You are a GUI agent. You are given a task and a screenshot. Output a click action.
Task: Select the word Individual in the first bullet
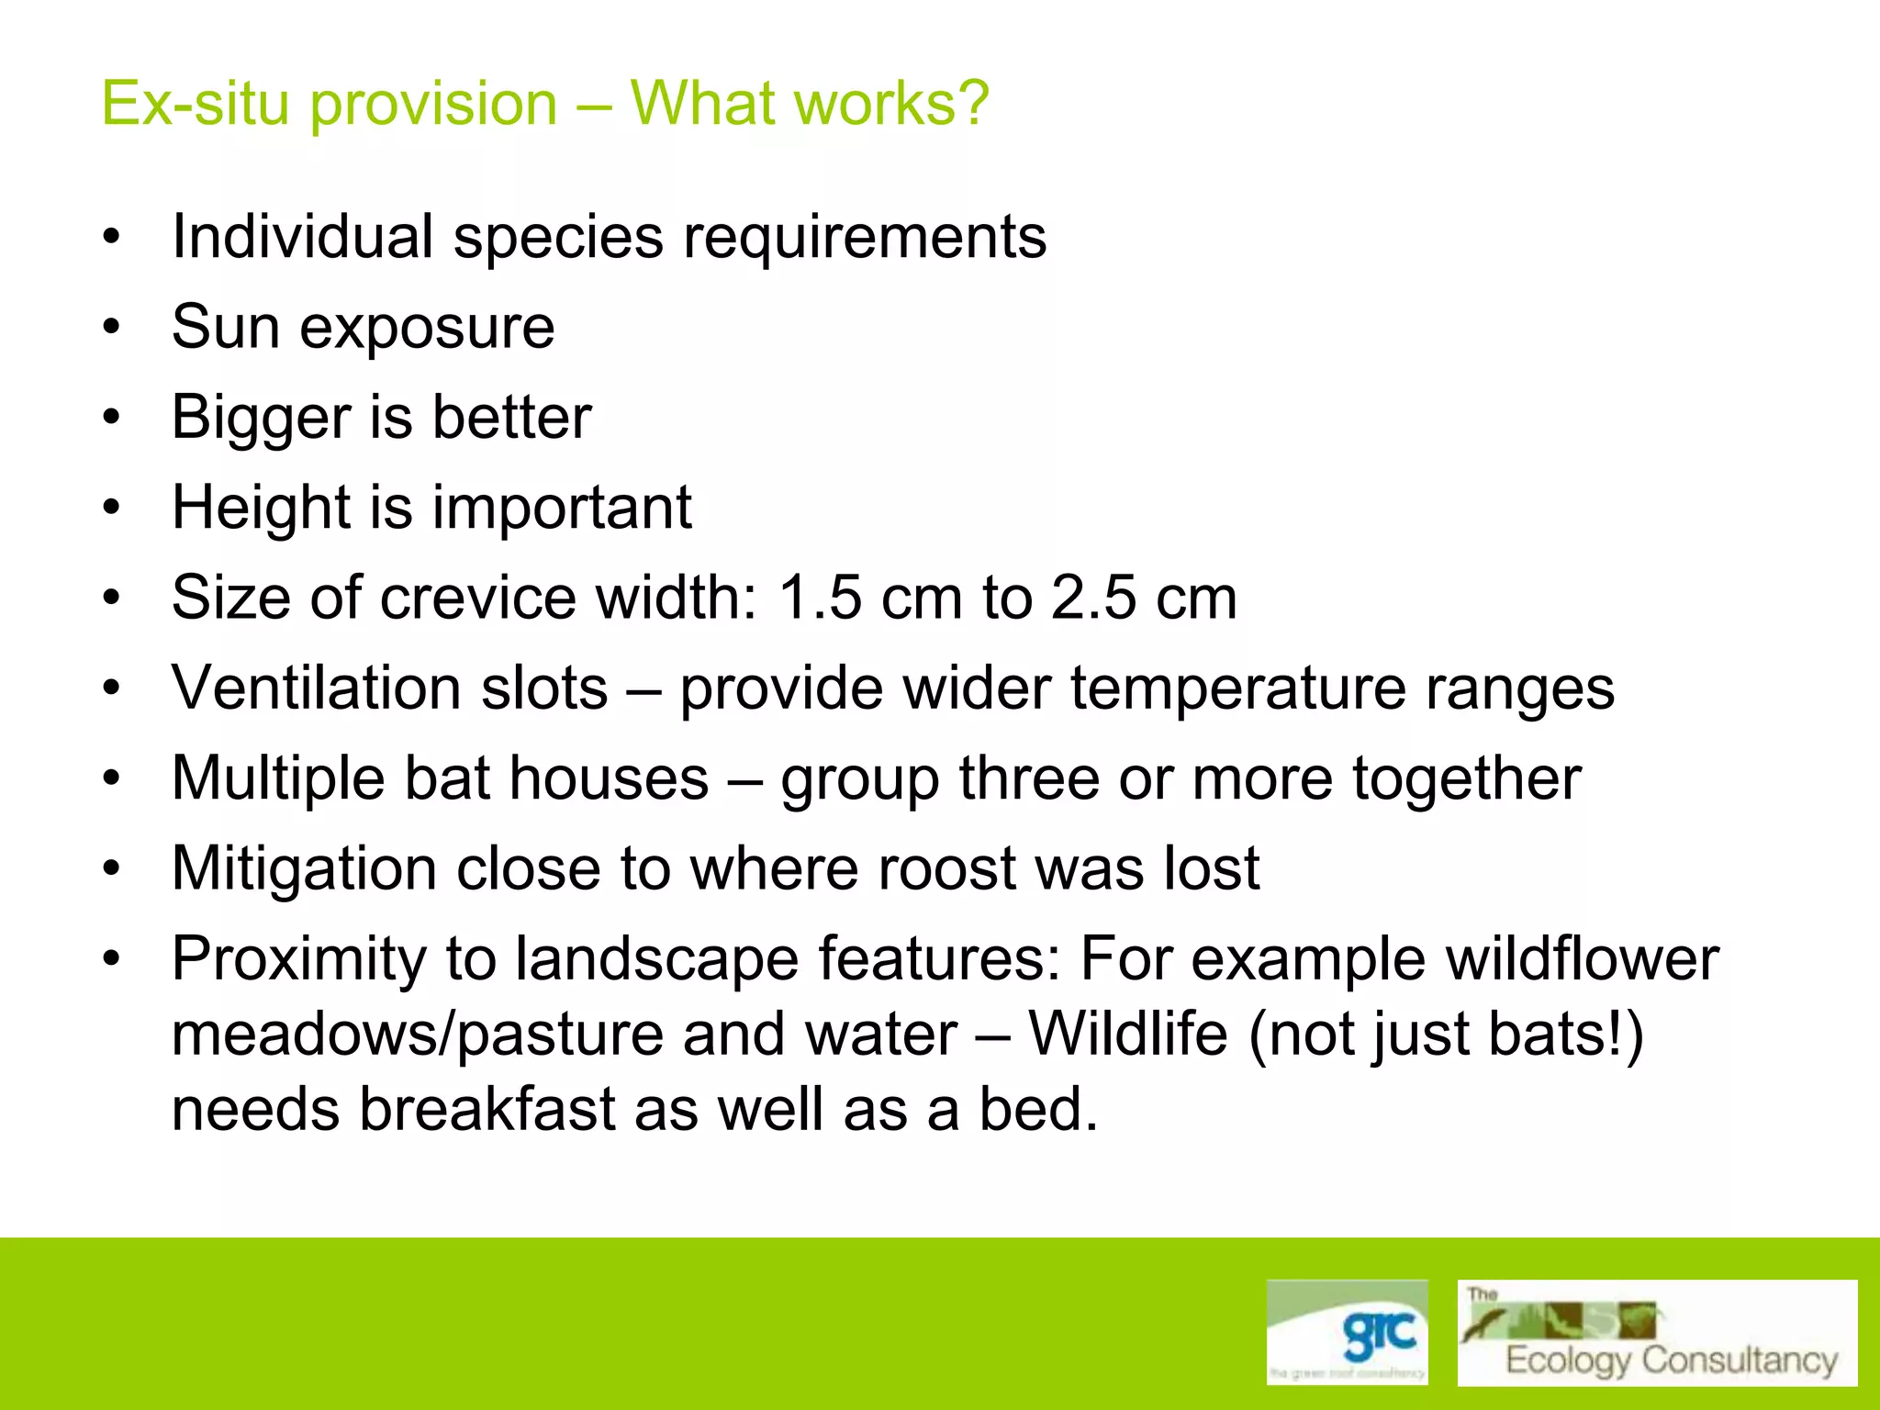point(302,237)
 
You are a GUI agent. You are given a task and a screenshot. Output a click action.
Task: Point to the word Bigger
point(260,419)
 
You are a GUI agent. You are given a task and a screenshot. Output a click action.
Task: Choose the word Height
point(260,508)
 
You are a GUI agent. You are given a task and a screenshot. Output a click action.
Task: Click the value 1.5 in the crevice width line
point(820,598)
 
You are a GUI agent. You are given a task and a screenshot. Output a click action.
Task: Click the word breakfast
point(487,1109)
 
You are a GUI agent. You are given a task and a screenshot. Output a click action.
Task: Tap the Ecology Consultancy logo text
point(1671,1360)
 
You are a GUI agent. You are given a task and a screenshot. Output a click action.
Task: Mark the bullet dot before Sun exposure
point(112,328)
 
